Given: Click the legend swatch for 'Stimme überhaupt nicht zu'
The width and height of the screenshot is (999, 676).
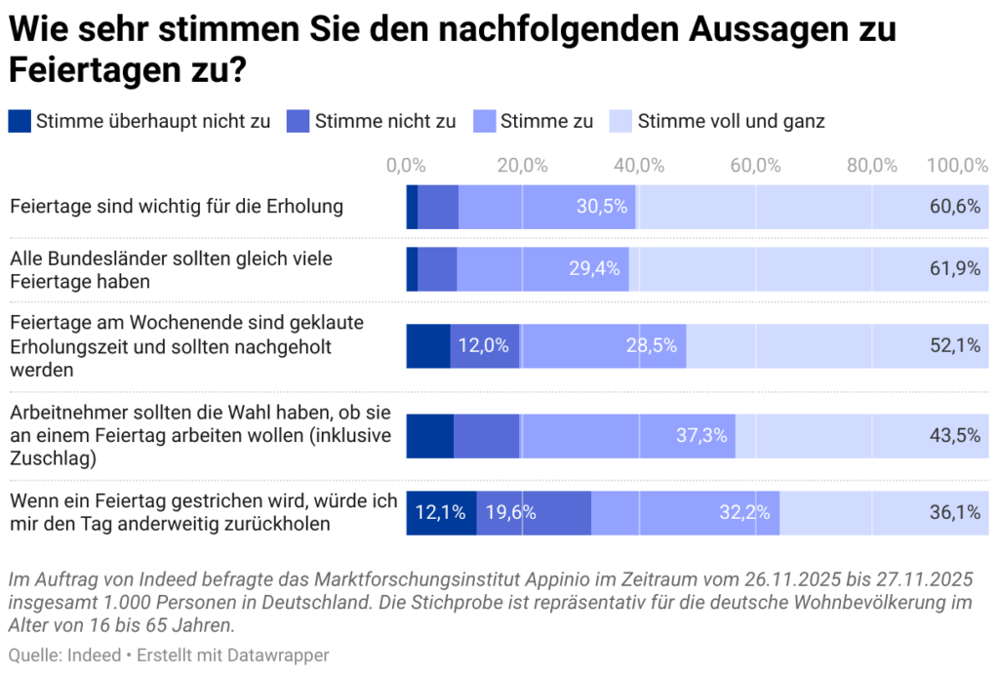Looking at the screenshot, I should coord(20,121).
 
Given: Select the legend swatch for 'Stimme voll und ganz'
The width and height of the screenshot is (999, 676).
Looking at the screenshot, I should coord(620,121).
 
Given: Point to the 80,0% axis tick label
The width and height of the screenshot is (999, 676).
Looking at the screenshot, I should coord(871,166).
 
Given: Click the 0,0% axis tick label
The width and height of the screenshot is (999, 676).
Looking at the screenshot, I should coord(406,166).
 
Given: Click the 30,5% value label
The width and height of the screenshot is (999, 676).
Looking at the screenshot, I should coord(601,206).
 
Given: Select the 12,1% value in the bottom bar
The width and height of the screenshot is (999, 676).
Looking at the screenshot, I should coord(440,512).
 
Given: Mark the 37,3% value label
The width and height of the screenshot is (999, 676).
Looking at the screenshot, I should coord(701,436).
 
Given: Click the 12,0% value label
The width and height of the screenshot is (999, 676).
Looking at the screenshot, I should coord(484,345).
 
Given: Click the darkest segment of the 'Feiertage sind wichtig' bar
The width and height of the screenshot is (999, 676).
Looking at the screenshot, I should coord(412,206).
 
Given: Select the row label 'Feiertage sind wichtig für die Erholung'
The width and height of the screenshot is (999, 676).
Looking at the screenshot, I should coord(176,206).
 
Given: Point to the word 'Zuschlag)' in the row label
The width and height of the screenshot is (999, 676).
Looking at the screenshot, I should coord(48,457).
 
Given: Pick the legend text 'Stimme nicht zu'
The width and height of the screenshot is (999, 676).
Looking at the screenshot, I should coord(384,121).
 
